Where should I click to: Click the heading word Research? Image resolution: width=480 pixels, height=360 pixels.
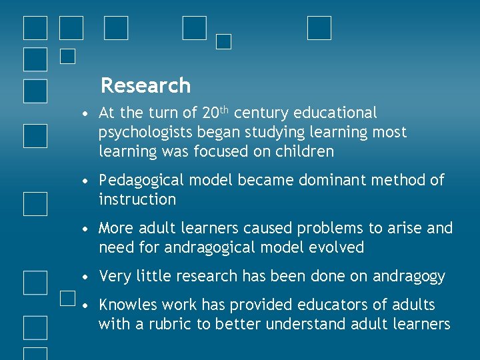(x=145, y=86)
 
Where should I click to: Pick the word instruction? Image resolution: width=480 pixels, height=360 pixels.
(x=137, y=199)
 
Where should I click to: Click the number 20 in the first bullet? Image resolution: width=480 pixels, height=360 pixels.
(x=210, y=113)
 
